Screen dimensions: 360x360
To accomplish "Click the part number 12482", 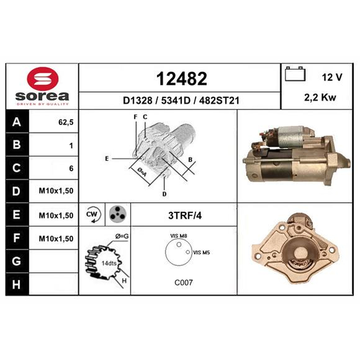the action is pyautogui.click(x=182, y=79).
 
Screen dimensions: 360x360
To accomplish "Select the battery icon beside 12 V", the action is pyautogui.click(x=295, y=74).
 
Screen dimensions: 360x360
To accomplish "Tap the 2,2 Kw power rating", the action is pyautogui.click(x=320, y=98).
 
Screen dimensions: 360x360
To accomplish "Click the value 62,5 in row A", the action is pyautogui.click(x=66, y=122).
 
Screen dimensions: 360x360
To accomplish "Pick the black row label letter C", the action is pyautogui.click(x=17, y=168).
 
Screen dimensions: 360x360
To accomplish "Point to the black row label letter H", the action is pyautogui.click(x=16, y=284).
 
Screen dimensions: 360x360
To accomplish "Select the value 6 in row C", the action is pyautogui.click(x=71, y=168).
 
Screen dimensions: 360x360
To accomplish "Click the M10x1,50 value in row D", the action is pyautogui.click(x=56, y=191).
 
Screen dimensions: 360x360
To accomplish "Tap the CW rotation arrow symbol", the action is pyautogui.click(x=93, y=215).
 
